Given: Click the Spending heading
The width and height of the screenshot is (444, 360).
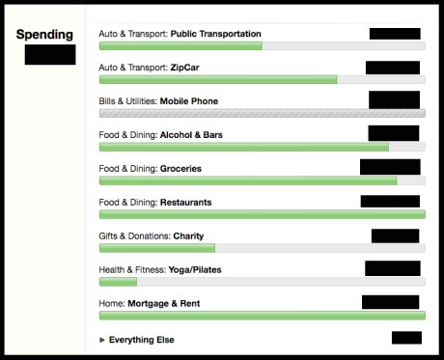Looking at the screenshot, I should [45, 34].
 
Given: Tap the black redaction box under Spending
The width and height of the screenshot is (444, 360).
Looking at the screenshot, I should [49, 54].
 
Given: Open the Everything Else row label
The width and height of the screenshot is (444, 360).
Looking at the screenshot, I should [141, 340].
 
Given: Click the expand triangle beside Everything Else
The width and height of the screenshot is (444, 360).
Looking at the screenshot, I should [102, 340].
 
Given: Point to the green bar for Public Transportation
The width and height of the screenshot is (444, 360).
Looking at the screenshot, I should [180, 45].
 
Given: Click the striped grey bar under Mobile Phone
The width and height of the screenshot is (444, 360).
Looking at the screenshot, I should [262, 113].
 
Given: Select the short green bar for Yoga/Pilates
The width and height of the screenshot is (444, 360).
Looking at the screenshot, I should [118, 282].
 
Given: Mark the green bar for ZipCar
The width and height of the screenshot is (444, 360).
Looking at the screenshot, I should [218, 79].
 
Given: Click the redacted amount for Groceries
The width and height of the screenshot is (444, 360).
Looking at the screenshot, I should [390, 167].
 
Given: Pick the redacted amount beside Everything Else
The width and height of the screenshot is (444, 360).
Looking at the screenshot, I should [406, 338].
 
